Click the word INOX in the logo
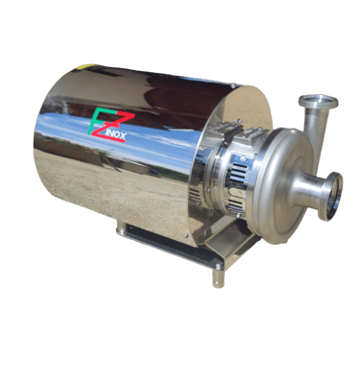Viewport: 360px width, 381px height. coord(116,135)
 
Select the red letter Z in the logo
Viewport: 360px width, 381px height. coord(112,126)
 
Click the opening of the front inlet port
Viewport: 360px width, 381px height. coord(334,197)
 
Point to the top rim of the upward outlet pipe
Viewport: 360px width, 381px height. coord(318,101)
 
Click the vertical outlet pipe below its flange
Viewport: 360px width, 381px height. coord(315,128)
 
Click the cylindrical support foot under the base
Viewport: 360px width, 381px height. coord(218,279)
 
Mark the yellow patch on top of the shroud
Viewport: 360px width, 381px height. coord(86,67)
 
